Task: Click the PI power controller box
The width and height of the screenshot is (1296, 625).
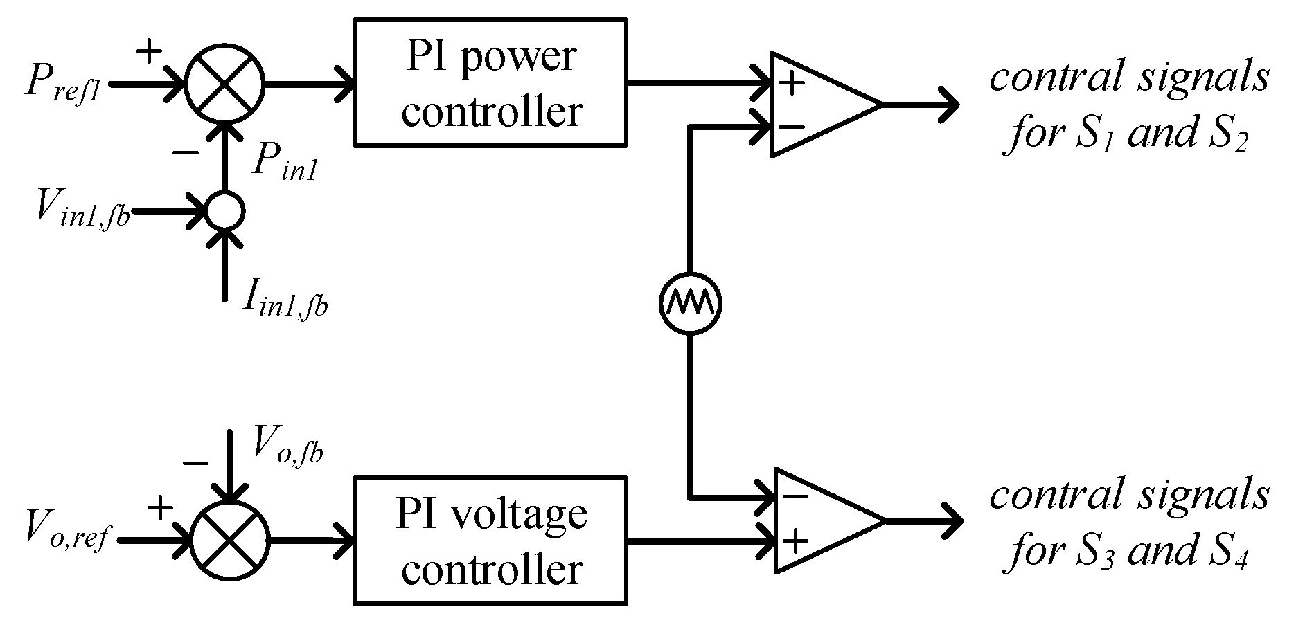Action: [490, 82]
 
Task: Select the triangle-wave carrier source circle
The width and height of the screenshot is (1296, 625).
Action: [689, 302]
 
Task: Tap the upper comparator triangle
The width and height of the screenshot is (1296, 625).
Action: [817, 105]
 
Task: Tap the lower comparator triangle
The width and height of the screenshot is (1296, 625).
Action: [821, 520]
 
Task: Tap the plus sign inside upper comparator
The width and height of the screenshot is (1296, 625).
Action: [792, 84]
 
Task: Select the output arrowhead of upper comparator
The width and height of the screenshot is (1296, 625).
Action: [949, 105]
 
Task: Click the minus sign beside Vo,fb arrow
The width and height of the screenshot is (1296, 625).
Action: [195, 463]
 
